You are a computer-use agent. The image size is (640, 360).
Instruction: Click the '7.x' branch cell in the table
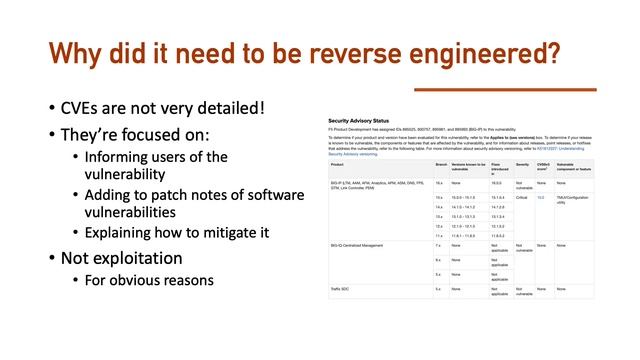tap(438, 244)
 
